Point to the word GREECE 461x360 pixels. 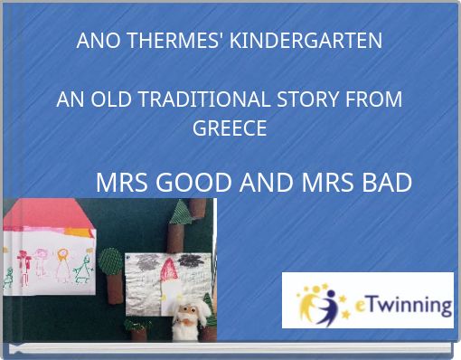coord(230,128)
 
